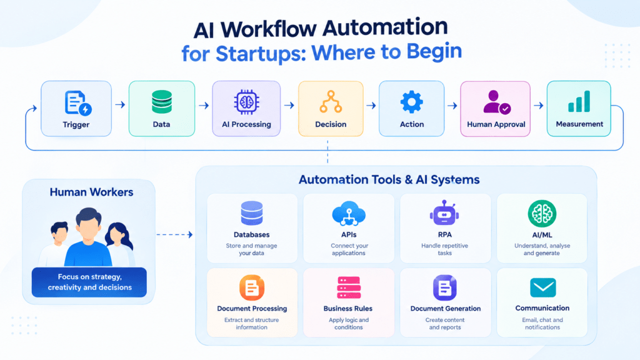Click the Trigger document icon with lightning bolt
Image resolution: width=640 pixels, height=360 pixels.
[77, 103]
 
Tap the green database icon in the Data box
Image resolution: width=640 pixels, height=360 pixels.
[162, 102]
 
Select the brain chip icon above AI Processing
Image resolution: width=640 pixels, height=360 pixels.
[246, 102]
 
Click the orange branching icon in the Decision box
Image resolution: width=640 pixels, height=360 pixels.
[331, 102]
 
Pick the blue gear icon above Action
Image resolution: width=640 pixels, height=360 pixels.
[411, 102]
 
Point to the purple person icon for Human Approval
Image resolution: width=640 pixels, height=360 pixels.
[496, 102]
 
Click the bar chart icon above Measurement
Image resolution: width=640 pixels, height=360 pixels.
[579, 101]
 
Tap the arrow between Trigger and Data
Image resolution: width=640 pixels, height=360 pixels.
[120, 105]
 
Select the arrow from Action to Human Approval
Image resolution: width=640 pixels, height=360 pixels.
[452, 106]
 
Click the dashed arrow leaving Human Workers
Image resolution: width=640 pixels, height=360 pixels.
[175, 234]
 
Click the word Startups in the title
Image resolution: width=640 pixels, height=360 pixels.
[261, 54]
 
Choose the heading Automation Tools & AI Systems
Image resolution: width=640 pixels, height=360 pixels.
[389, 179]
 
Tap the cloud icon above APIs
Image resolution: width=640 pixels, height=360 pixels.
[349, 214]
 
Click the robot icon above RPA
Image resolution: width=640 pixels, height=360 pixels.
[444, 212]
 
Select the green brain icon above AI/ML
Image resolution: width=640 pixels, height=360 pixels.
[542, 214]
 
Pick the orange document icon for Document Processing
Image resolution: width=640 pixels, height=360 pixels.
[252, 287]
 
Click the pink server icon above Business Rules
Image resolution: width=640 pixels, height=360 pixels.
[349, 287]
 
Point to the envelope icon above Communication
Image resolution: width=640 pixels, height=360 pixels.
[543, 287]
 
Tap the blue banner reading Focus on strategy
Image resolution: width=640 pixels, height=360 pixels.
[89, 282]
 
